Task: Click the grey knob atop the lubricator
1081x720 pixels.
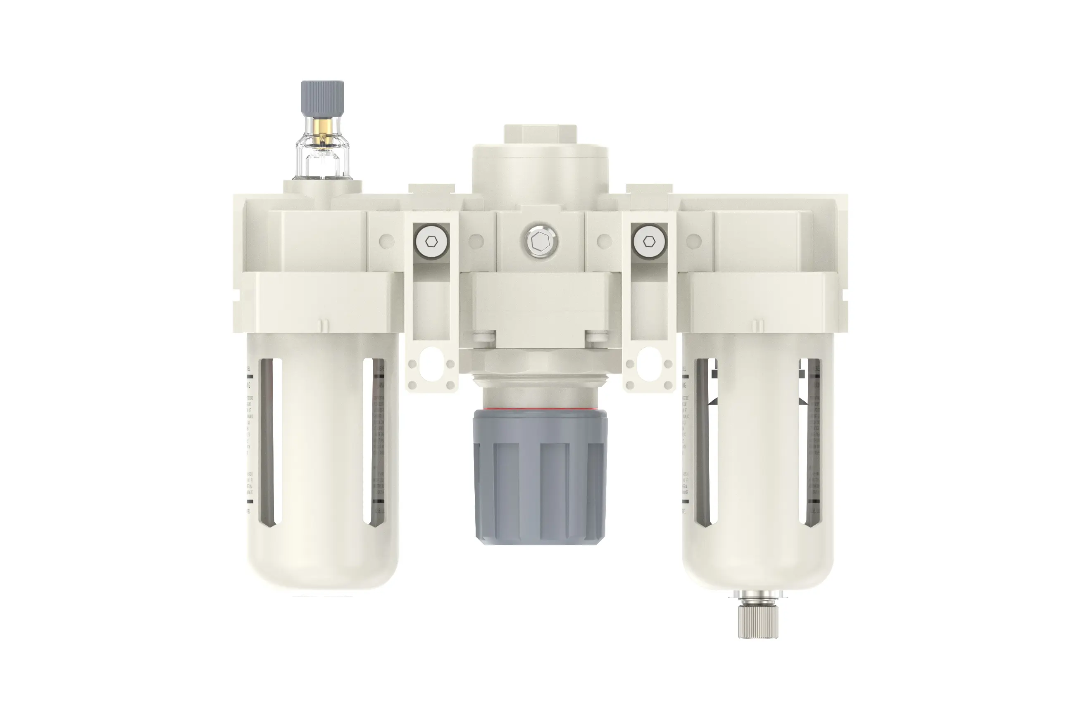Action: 322,98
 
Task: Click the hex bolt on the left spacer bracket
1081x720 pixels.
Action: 431,242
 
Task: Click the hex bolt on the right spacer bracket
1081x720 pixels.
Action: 648,242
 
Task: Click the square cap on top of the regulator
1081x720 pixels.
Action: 540,134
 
